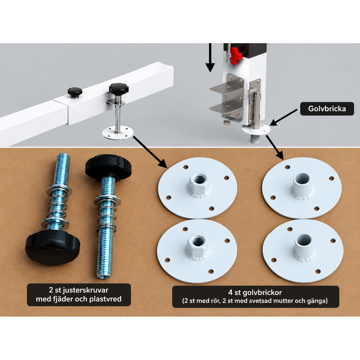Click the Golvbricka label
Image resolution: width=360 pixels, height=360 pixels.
coord(327,108)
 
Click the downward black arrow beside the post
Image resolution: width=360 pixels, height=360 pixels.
coord(210,58)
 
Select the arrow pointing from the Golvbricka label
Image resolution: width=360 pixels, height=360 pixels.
coord(284,117)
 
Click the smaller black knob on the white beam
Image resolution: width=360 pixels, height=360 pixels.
coord(75,92)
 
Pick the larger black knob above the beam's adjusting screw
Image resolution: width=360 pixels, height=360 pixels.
coord(119,89)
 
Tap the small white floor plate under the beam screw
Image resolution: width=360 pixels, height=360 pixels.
coord(118,133)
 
